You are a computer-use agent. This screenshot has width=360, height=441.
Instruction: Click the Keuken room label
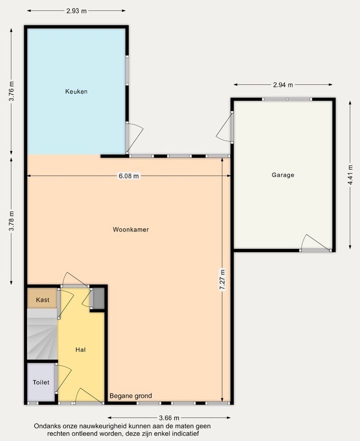point(76,91)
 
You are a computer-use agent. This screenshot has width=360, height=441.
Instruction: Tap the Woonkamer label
point(131,229)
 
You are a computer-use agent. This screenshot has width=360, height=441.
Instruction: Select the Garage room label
point(283,175)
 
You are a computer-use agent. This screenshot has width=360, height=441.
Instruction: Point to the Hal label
point(80,349)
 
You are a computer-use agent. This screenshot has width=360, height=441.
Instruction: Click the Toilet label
point(41,382)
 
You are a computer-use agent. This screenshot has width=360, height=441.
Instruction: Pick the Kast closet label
point(43,300)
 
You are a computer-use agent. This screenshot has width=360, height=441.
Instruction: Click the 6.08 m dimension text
point(129,176)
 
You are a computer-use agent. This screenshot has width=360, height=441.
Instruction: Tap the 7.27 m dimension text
point(222,279)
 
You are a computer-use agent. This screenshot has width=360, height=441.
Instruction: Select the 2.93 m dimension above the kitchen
point(76,11)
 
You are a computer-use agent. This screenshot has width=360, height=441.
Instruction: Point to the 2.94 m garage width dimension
point(283,84)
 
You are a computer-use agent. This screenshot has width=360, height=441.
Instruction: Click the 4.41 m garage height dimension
point(350,174)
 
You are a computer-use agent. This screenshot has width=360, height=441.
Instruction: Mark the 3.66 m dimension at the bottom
point(169,417)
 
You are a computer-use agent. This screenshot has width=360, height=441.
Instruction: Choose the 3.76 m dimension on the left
point(11,91)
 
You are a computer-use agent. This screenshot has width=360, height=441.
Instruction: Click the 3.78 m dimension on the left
point(11,221)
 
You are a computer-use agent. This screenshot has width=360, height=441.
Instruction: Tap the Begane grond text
point(131,396)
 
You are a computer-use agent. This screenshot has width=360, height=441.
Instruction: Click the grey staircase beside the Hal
point(42,333)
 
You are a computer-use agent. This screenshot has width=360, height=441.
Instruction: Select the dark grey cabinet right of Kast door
point(98,298)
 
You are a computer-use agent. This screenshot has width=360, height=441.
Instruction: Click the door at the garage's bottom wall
point(315,250)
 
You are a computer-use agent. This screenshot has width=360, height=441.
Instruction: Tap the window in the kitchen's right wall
point(127,70)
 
